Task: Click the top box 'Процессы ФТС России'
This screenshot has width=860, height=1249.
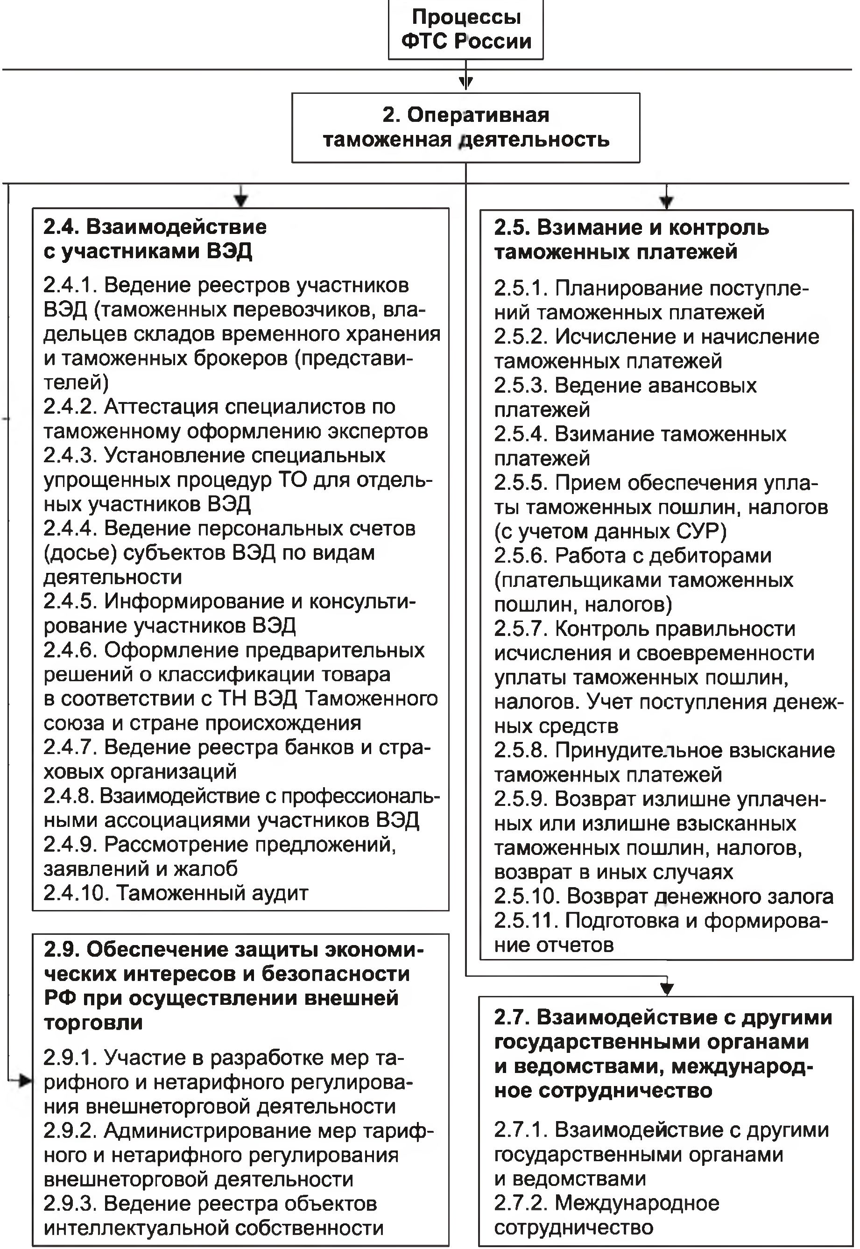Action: point(466,29)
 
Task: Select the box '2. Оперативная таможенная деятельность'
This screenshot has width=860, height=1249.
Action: point(466,128)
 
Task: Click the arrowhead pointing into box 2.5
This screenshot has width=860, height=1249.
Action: point(667,202)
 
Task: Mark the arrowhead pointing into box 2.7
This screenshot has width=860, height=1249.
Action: point(667,989)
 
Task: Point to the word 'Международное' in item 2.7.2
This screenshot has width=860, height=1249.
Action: point(637,1203)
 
